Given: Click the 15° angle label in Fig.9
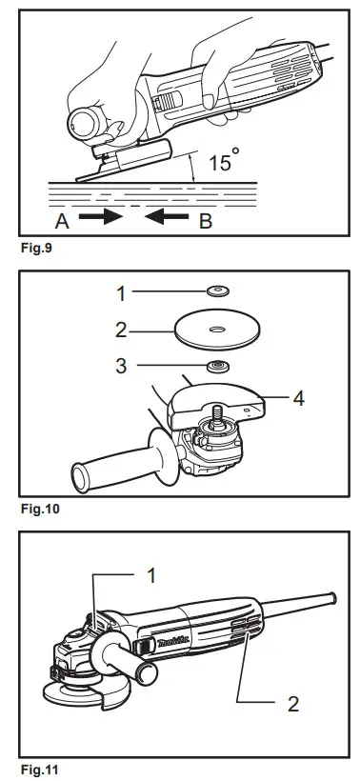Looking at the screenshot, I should [220, 163].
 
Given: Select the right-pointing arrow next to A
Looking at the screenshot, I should [100, 216].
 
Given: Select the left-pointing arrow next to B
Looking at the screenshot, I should [164, 216].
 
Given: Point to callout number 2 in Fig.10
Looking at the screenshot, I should [121, 331].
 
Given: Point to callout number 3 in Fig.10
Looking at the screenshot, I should [121, 365].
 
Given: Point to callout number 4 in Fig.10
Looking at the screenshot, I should [298, 399].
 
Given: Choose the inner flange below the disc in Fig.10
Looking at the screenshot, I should [219, 366].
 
